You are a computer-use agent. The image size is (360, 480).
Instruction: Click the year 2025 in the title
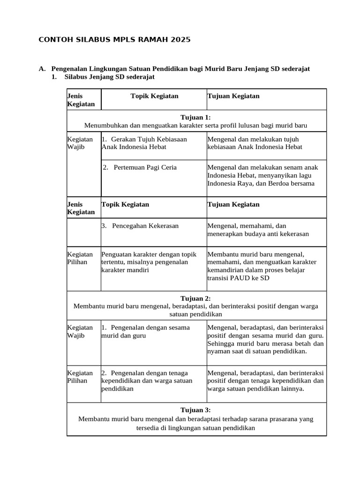(181, 40)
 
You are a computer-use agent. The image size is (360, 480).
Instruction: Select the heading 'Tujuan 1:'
(196, 117)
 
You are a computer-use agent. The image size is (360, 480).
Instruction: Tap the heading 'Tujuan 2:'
(196, 298)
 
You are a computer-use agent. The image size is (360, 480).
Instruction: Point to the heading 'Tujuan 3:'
(196, 410)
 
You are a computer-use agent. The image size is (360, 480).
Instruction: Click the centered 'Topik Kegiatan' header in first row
(154, 96)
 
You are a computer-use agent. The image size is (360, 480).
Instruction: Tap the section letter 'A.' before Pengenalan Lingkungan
(42, 69)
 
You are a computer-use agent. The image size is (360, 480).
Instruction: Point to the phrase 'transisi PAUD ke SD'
(238, 278)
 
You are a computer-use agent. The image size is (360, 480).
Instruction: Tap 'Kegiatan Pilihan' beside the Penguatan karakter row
(80, 258)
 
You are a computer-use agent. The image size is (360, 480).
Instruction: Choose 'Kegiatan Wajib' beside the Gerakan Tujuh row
(80, 143)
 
